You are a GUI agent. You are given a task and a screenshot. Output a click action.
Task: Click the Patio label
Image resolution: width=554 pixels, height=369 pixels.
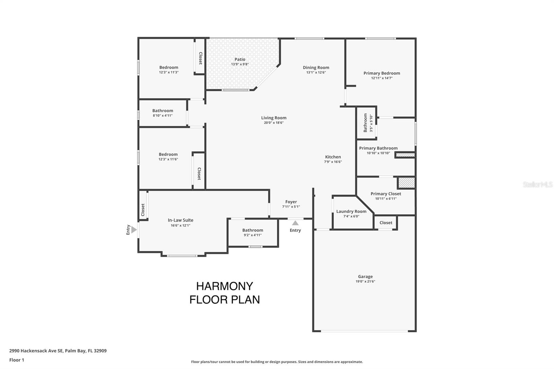240,60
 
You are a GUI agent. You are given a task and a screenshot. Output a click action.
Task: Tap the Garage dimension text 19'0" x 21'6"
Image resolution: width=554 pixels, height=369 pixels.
365,281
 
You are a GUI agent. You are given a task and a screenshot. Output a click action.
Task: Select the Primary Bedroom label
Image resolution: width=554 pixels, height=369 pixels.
382,73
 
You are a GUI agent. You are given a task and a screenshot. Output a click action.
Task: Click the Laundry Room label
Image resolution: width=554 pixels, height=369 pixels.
351,211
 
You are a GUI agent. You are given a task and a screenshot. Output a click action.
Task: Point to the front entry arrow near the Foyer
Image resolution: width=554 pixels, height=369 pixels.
295,223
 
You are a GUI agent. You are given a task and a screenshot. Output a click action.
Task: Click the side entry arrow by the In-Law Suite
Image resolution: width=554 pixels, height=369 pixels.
134,229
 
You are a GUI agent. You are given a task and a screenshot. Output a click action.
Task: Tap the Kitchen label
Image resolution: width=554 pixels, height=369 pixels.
333,157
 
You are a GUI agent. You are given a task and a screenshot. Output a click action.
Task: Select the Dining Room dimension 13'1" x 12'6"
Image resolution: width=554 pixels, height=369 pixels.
316,72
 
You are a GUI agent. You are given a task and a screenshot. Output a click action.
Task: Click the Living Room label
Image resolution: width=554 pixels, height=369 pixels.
274,118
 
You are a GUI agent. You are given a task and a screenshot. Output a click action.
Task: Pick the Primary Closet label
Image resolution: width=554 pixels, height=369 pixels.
385,193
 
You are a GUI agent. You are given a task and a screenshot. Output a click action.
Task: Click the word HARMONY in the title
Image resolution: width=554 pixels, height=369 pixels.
224,286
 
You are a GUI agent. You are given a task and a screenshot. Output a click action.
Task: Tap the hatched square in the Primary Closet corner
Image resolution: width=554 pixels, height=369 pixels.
406,183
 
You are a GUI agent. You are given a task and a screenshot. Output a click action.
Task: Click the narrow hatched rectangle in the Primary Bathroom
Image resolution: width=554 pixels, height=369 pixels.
405,155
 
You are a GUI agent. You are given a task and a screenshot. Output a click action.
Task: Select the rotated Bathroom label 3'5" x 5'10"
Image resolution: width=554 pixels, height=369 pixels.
366,123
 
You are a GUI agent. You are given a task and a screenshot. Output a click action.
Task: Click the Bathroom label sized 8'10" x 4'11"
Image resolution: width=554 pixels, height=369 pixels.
162,111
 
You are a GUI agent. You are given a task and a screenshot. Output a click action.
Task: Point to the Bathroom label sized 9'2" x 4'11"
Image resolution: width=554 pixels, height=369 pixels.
252,230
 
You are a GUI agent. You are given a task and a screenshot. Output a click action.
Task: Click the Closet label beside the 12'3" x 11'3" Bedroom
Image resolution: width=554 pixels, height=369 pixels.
200,58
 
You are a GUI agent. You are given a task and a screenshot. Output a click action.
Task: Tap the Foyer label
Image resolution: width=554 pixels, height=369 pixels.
291,202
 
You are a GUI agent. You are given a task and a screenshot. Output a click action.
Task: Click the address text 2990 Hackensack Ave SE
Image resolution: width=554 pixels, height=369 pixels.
36,351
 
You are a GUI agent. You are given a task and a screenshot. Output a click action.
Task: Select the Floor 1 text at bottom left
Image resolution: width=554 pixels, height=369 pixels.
17,360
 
